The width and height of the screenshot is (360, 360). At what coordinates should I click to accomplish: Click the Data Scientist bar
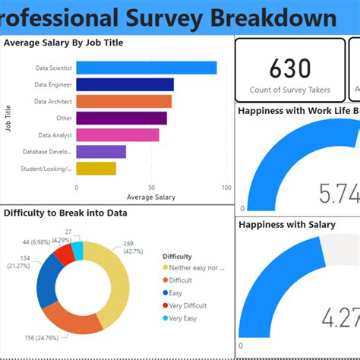[x=146, y=68]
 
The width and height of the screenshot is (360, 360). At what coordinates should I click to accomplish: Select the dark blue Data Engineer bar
[x=125, y=84]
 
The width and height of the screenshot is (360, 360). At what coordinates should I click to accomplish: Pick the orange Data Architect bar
[x=123, y=101]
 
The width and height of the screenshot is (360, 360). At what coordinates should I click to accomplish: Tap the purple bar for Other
[x=122, y=118]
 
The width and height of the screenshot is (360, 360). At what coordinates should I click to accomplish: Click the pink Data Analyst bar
[x=118, y=134]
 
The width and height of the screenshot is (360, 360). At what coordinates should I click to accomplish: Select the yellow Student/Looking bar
[x=96, y=168]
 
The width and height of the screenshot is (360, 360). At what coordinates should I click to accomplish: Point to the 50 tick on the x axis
[x=151, y=187]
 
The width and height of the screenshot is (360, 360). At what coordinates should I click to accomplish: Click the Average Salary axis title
[x=150, y=197]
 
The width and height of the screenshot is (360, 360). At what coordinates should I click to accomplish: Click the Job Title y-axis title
[x=8, y=118]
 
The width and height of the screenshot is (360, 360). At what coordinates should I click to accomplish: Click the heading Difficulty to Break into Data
[x=65, y=213]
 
